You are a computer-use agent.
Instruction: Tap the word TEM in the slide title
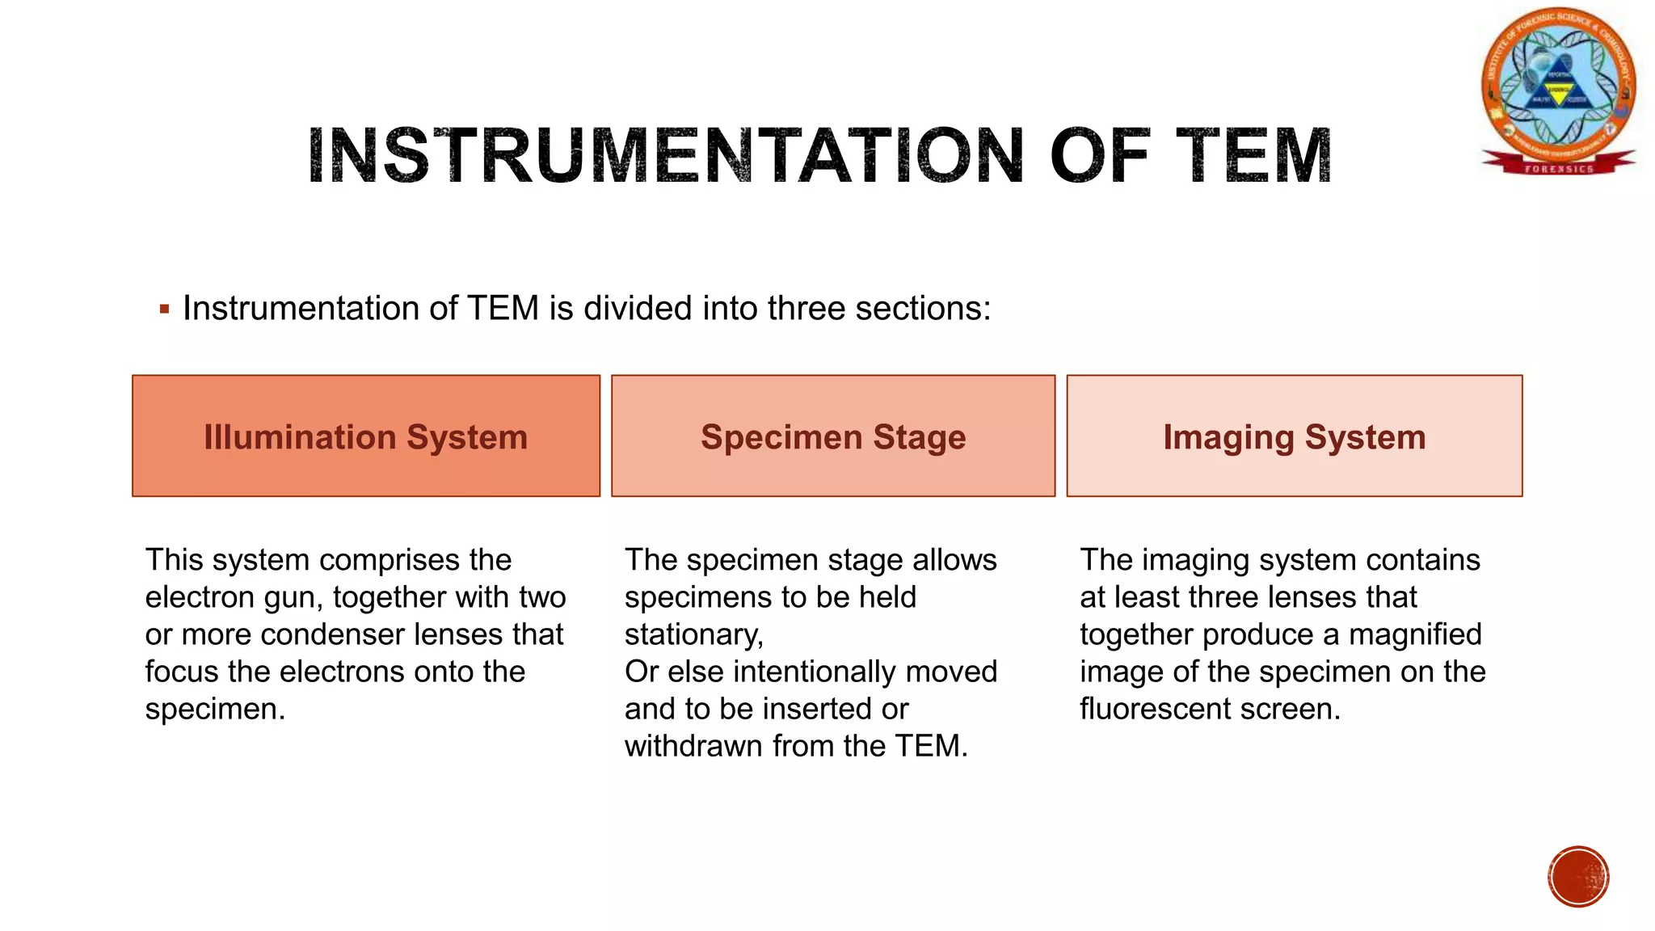click(x=1253, y=155)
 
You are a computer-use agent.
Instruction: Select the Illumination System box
click(x=366, y=436)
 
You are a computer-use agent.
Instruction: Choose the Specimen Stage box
click(x=833, y=436)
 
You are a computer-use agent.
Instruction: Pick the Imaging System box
click(x=1295, y=436)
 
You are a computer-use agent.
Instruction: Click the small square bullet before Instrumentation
click(x=165, y=309)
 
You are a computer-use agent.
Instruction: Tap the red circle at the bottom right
click(x=1578, y=877)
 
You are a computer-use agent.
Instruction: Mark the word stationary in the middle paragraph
click(x=693, y=635)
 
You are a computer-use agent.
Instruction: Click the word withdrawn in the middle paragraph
click(x=693, y=747)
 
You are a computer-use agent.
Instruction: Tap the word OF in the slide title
click(x=1100, y=155)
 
